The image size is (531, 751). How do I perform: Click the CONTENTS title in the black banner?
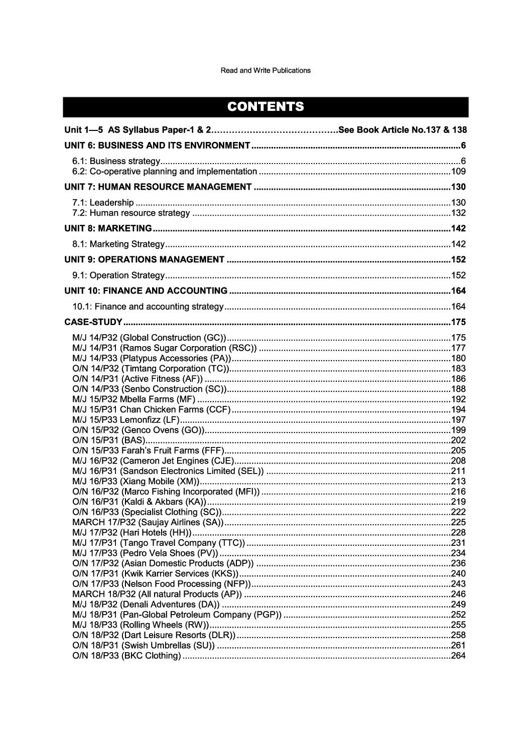click(265, 107)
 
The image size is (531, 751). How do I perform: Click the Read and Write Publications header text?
click(265, 71)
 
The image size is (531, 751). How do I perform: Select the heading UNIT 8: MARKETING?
click(108, 229)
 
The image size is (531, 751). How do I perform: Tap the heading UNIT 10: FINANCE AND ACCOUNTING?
click(146, 291)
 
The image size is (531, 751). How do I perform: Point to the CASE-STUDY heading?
click(93, 322)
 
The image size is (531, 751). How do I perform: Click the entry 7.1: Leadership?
click(103, 203)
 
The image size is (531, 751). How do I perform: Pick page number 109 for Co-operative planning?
click(458, 172)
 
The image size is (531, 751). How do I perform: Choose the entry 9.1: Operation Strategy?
click(118, 275)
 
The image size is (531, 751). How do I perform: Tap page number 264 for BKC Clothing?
click(458, 656)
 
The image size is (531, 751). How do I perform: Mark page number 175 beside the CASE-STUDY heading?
click(458, 322)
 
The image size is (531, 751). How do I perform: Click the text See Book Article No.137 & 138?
click(403, 130)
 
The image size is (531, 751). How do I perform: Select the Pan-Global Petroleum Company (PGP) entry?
click(177, 615)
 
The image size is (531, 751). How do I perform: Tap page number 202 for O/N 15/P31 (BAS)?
click(458, 440)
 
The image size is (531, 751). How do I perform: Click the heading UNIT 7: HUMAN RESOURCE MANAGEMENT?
click(158, 188)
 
